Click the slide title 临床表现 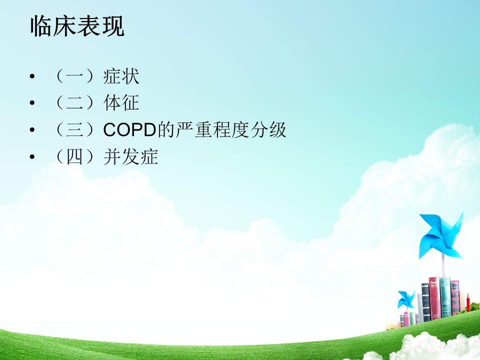point(77,26)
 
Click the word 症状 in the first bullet point(121,76)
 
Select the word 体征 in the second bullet point(121,102)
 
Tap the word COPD point(130,130)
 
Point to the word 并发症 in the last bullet point(130,156)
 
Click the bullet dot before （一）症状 point(32,76)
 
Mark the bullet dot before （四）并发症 point(32,156)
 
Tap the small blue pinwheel point(406,300)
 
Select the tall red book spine point(434,298)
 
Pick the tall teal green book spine point(445,297)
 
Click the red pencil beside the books point(468,302)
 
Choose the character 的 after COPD point(166,130)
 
